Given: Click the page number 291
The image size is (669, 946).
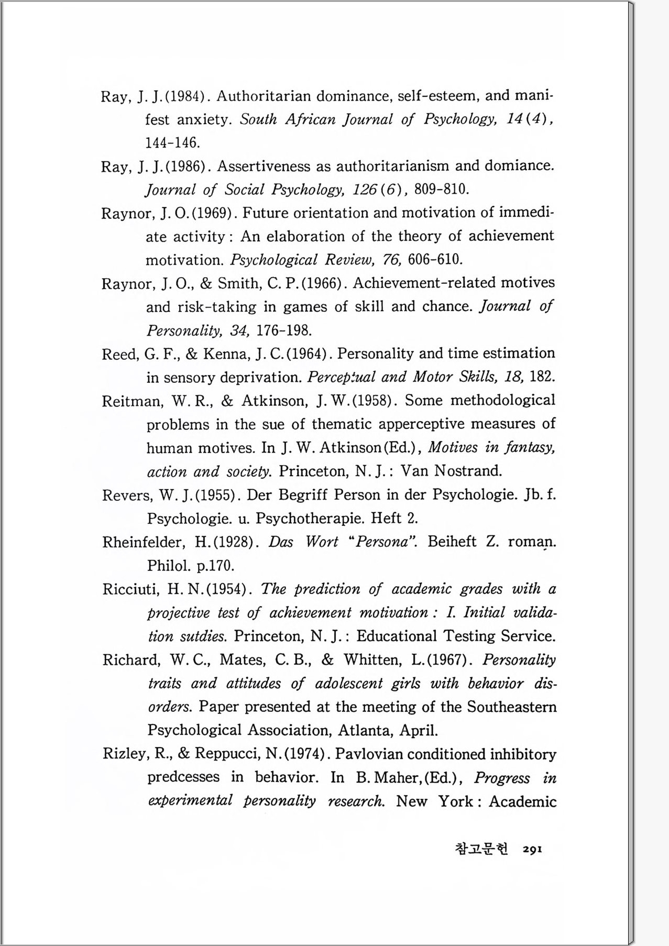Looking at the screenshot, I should [532, 850].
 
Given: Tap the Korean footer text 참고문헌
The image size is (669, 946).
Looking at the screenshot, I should [481, 849].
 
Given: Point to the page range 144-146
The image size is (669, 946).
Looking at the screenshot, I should [172, 142].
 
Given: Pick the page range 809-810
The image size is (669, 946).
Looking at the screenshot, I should [441, 189].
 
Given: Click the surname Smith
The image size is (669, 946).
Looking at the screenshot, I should [239, 283].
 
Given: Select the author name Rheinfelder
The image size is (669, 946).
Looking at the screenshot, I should [144, 542].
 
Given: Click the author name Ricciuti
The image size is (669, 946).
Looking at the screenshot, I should [130, 589].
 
